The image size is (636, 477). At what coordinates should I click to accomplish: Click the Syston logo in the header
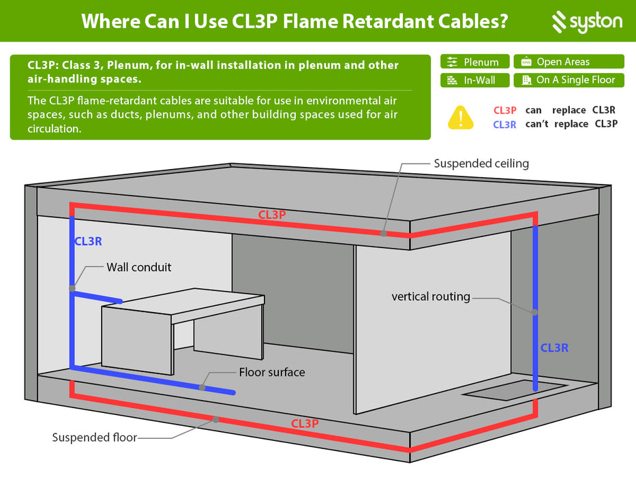pyautogui.click(x=586, y=22)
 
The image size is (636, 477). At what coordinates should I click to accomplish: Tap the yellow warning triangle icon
pyautogui.click(x=461, y=117)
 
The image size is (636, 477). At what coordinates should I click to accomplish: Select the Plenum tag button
pyautogui.click(x=474, y=62)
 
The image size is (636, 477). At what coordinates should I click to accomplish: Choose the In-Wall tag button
pyautogui.click(x=474, y=80)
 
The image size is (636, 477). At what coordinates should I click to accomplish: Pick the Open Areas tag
pyautogui.click(x=569, y=62)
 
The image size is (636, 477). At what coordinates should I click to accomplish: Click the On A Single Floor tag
pyautogui.click(x=569, y=80)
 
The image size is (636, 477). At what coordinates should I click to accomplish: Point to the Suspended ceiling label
pyautogui.click(x=481, y=164)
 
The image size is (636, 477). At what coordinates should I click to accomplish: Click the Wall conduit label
pyautogui.click(x=139, y=267)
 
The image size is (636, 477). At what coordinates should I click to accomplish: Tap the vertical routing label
pyautogui.click(x=431, y=296)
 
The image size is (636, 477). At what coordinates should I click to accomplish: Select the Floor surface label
pyautogui.click(x=272, y=372)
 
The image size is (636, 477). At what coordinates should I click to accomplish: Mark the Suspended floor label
pyautogui.click(x=95, y=437)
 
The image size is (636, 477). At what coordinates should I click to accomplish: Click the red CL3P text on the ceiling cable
pyautogui.click(x=272, y=215)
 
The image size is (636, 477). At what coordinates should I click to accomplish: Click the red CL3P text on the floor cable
pyautogui.click(x=305, y=423)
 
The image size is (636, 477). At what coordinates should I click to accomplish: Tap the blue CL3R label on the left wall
pyautogui.click(x=88, y=241)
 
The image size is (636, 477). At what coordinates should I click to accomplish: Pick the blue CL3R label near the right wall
pyautogui.click(x=554, y=348)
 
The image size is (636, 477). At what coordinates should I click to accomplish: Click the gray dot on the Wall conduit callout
pyautogui.click(x=72, y=288)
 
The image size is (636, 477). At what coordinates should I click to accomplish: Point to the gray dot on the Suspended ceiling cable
pyautogui.click(x=384, y=233)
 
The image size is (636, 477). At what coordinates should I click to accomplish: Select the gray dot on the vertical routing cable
pyautogui.click(x=535, y=313)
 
